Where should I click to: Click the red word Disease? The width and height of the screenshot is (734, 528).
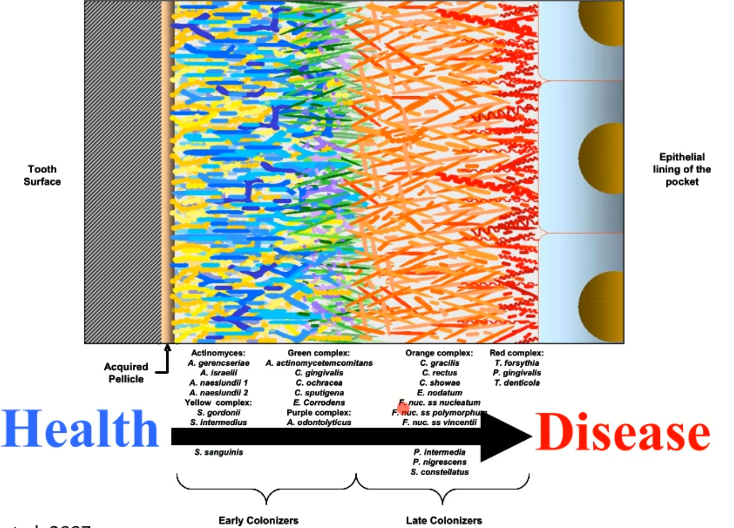pyautogui.click(x=622, y=432)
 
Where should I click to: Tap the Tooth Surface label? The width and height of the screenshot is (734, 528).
pyautogui.click(x=42, y=175)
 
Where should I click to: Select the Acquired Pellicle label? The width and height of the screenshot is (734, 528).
pyautogui.click(x=126, y=373)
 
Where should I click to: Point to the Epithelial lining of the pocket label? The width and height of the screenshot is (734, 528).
pyautogui.click(x=682, y=169)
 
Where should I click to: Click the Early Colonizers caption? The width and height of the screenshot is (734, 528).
pyautogui.click(x=258, y=521)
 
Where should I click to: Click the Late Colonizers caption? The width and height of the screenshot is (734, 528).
pyautogui.click(x=444, y=521)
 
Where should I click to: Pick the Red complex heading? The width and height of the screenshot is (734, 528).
pyautogui.click(x=516, y=353)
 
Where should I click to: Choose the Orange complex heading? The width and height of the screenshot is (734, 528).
pyautogui.click(x=439, y=353)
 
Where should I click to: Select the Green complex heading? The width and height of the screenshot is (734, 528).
pyautogui.click(x=319, y=353)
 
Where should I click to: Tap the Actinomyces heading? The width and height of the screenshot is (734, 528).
pyautogui.click(x=218, y=353)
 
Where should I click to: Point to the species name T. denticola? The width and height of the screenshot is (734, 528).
pyautogui.click(x=517, y=383)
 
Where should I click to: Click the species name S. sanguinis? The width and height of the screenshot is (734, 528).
pyautogui.click(x=219, y=452)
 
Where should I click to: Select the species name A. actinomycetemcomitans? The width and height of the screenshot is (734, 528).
pyautogui.click(x=319, y=363)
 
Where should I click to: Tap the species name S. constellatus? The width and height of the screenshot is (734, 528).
pyautogui.click(x=440, y=471)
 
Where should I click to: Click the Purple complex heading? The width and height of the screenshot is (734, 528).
pyautogui.click(x=319, y=412)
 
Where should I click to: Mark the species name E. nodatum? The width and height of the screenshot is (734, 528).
pyautogui.click(x=440, y=393)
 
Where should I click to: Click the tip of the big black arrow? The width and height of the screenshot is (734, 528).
pyautogui.click(x=530, y=436)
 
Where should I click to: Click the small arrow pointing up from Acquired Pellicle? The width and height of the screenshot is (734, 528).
pyautogui.click(x=167, y=349)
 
